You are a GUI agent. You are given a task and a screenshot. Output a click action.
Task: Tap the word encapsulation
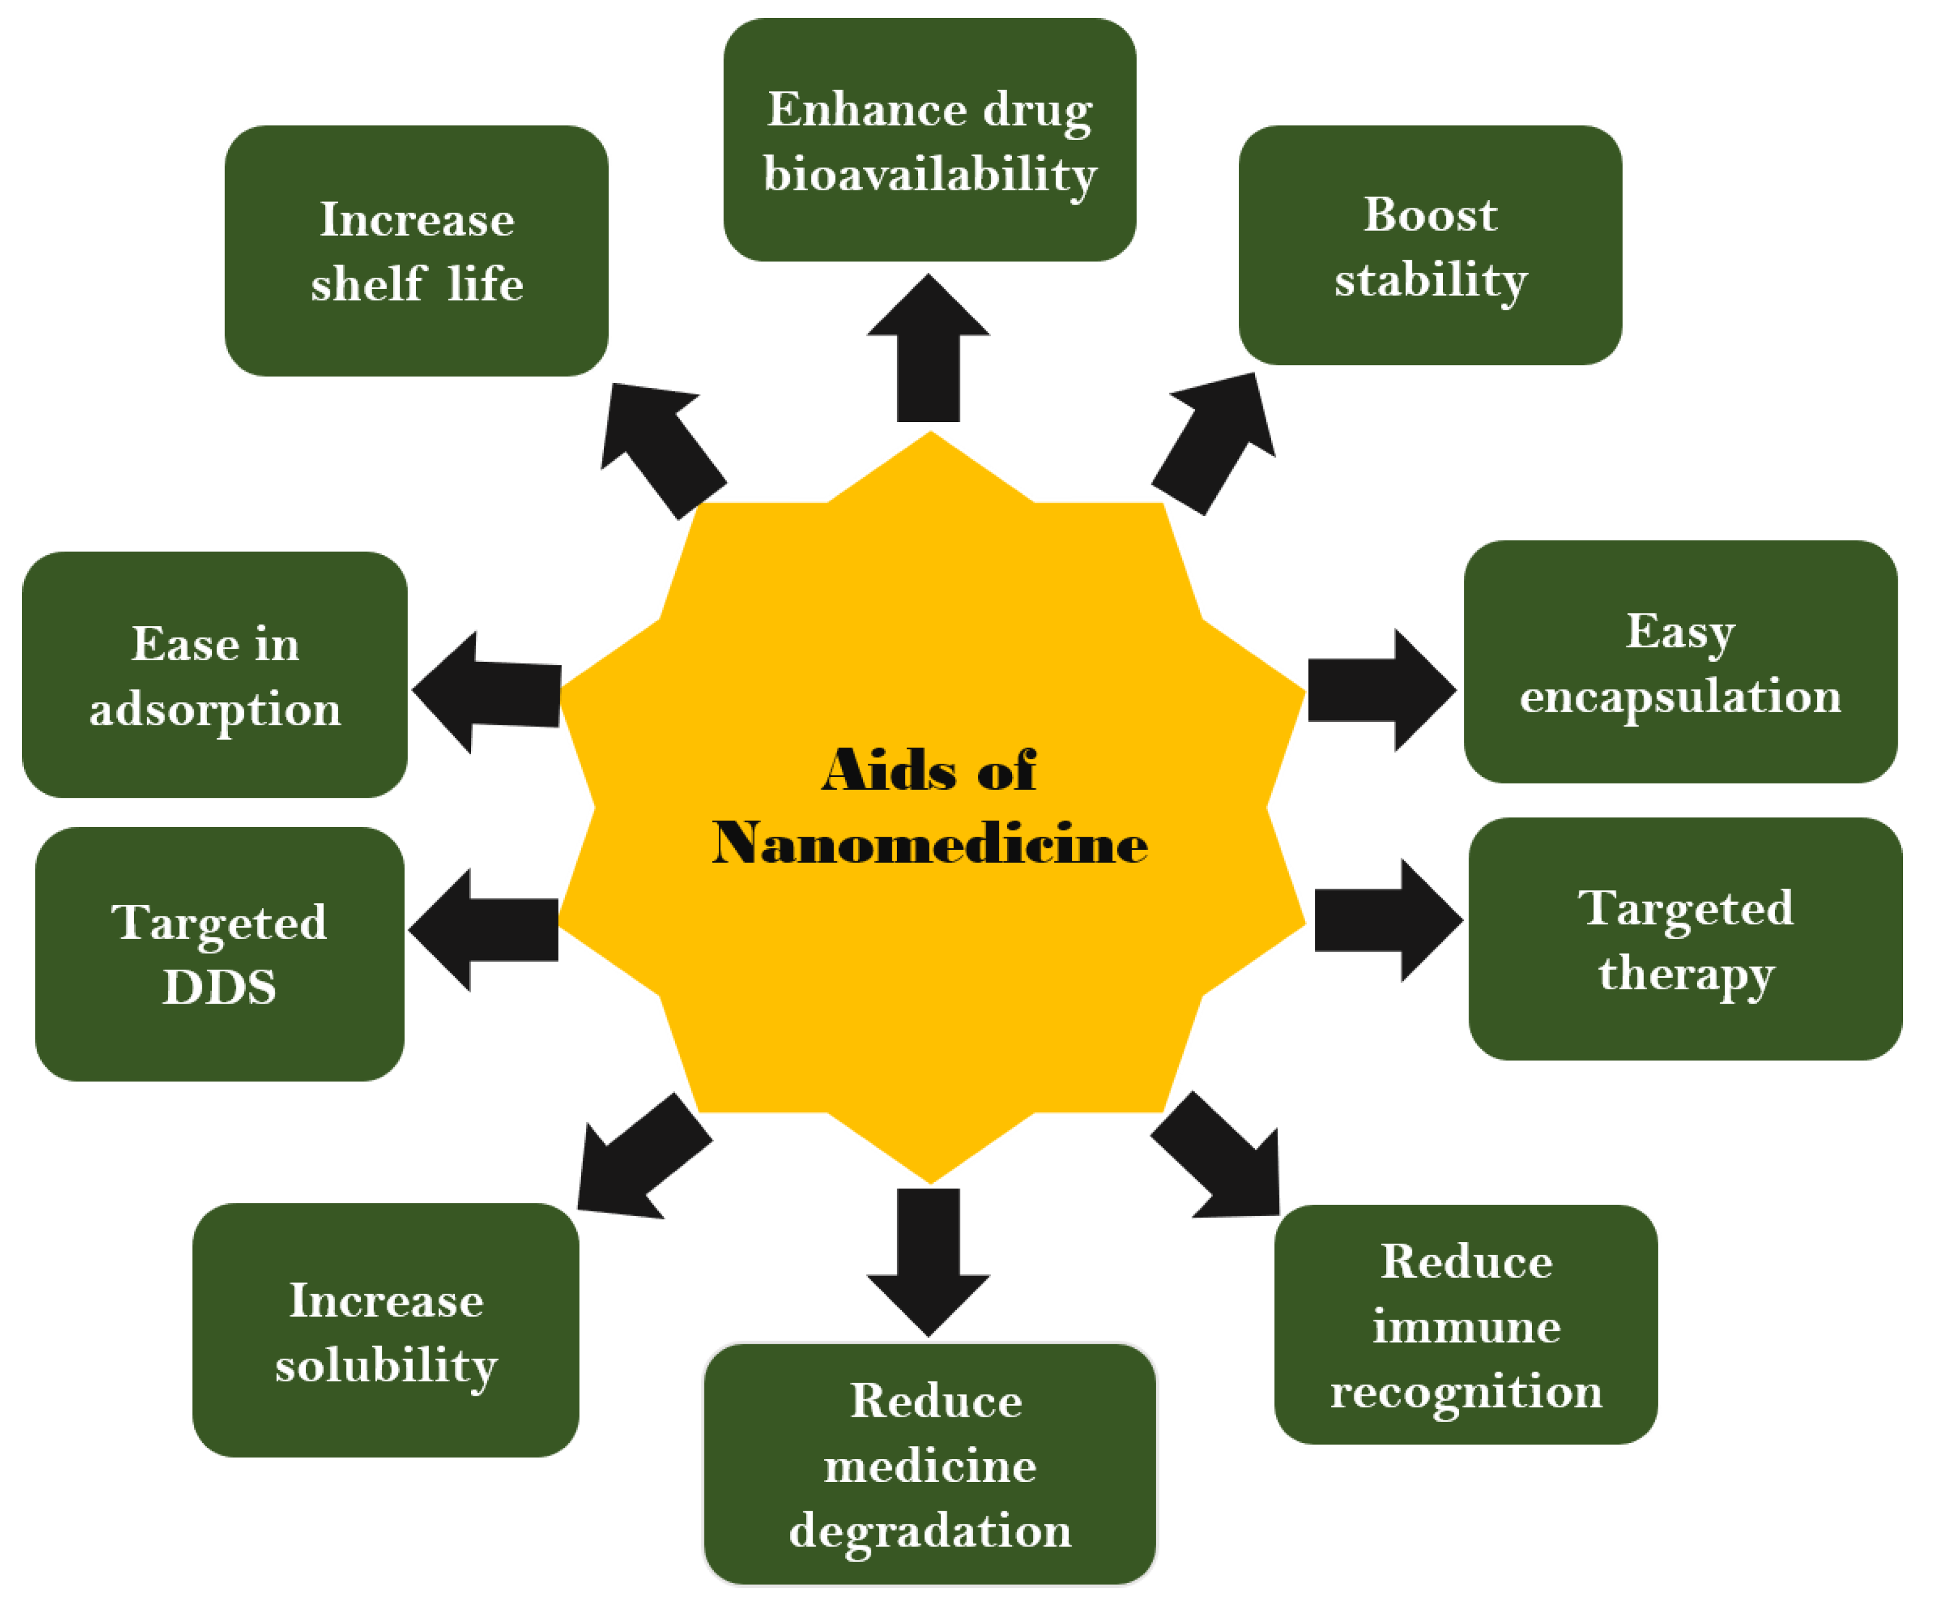coord(1680,697)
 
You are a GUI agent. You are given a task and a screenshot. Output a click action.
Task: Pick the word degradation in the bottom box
coord(929,1530)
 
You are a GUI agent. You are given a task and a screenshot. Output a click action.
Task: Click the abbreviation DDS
coord(219,988)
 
